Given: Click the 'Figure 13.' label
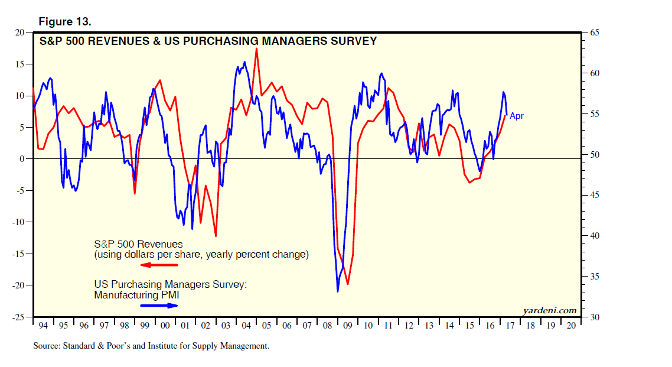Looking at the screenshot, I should coord(65,22).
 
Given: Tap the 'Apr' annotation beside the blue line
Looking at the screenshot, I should coord(517,116).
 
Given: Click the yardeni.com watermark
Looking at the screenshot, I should coord(550,310).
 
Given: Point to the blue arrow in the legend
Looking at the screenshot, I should coord(159,306).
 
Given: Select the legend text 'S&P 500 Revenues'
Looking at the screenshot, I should coord(138,244).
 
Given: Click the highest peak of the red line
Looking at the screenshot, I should coord(256,48).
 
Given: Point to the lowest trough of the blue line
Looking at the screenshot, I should coord(338,291).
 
